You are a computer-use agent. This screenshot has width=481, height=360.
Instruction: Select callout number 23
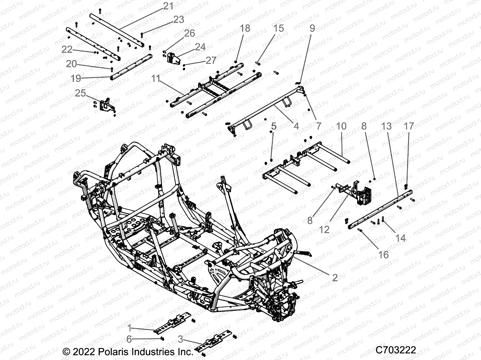179,19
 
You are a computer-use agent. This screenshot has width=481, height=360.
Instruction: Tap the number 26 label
189,33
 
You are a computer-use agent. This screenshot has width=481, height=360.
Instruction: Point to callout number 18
245,28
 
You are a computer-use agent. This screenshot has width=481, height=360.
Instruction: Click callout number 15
279,28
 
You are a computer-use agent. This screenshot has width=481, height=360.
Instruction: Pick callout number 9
312,28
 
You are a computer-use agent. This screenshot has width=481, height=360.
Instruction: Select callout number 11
156,79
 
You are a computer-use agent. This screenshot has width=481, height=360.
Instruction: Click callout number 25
80,93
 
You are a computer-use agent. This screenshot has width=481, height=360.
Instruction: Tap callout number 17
409,126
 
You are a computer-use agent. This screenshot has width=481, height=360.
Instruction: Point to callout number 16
383,255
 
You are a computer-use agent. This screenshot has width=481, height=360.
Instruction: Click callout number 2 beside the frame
335,277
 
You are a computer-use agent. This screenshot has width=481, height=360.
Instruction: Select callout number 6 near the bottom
129,339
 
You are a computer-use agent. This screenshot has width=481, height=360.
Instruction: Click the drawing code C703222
396,350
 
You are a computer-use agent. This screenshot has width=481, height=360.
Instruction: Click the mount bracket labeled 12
362,193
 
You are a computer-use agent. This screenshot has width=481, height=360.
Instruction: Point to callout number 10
341,126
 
